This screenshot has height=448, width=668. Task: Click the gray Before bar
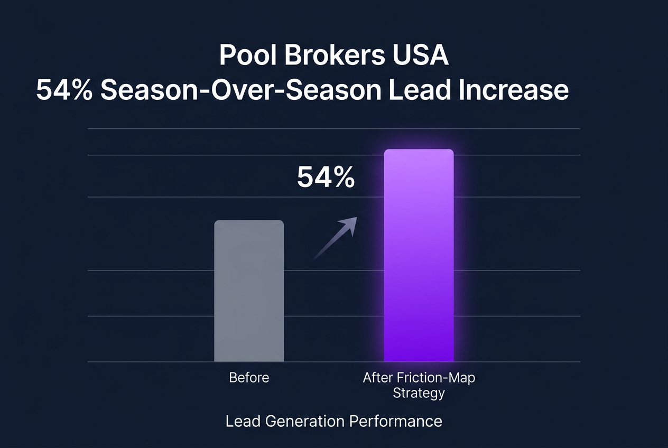pos(249,291)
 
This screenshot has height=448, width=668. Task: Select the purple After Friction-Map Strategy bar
pos(419,256)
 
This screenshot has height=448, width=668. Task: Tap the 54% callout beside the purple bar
pos(326,178)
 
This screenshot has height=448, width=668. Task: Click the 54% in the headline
pos(64,91)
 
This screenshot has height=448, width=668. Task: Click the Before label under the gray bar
pos(249,378)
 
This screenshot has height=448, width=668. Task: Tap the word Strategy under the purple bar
pos(419,393)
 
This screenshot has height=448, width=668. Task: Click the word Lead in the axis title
pos(240,421)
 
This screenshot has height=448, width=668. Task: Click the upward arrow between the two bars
pos(335,238)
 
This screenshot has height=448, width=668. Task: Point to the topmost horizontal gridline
pos(333,128)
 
